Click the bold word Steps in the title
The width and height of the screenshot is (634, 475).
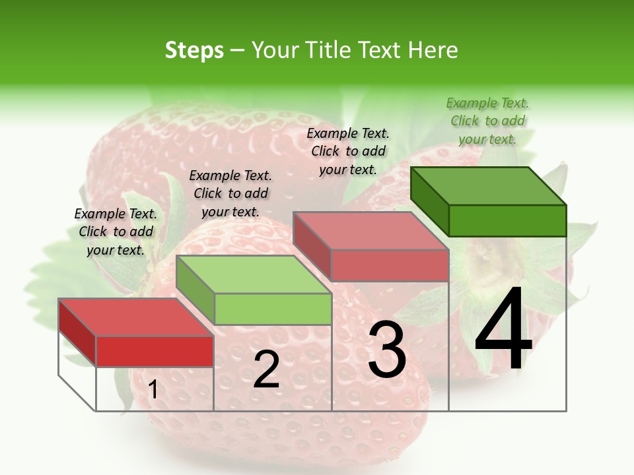[x=194, y=50]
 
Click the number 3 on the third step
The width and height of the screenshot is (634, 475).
[x=387, y=349]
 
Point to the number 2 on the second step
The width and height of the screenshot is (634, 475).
[x=266, y=369]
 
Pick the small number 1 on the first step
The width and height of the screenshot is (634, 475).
[x=153, y=390]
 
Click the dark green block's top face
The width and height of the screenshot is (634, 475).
[x=487, y=185]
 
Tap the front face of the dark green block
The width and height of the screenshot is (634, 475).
[x=507, y=220]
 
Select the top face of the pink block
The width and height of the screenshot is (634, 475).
[x=370, y=230]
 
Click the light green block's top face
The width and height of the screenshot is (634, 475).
[x=254, y=274]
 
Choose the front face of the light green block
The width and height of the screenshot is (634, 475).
[x=273, y=309]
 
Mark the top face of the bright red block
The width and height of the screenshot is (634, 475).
[x=136, y=317]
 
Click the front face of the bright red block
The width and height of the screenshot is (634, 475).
[x=155, y=351]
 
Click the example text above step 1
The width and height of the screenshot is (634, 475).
[x=116, y=232]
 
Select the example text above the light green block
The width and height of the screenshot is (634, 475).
[x=230, y=193]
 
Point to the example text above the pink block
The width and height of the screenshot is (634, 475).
[x=348, y=151]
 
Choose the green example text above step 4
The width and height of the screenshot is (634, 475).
[x=487, y=121]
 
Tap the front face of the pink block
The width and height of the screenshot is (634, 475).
[x=390, y=265]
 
